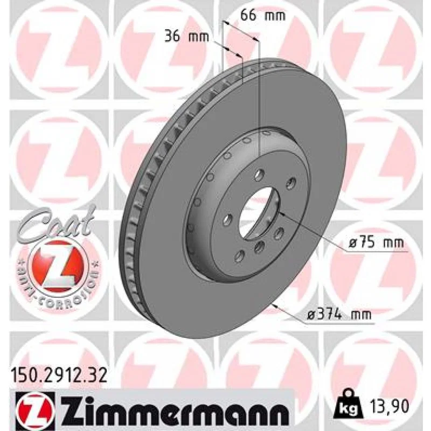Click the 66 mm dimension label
click(x=263, y=15)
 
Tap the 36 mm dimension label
click(x=186, y=37)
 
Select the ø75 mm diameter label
click(x=376, y=243)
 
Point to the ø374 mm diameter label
click(x=339, y=314)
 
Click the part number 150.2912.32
click(x=59, y=376)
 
